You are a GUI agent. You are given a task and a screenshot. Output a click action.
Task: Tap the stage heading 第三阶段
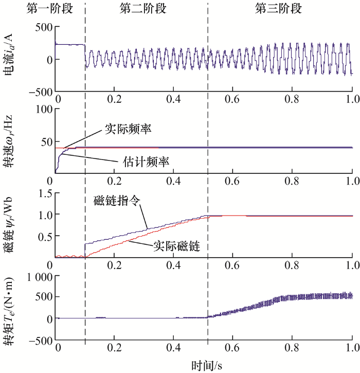(278, 9)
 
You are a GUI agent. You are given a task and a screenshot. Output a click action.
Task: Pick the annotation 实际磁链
(176, 246)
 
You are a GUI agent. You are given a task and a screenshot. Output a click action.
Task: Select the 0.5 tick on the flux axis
(40, 236)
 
